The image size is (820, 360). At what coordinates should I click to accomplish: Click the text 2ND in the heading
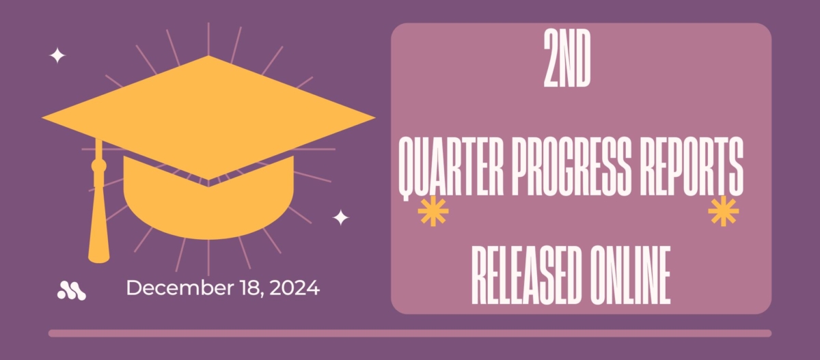tap(566, 59)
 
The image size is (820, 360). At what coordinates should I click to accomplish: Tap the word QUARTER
tap(450, 168)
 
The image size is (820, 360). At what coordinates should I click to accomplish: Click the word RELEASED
tap(526, 275)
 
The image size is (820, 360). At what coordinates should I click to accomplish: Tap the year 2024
tap(295, 288)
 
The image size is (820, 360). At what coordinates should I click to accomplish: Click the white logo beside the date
tap(72, 290)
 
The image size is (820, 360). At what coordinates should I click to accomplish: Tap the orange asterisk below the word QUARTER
tap(433, 212)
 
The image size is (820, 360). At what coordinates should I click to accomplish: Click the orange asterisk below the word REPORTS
tap(724, 212)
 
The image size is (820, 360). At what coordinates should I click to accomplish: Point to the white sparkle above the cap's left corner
tap(57, 55)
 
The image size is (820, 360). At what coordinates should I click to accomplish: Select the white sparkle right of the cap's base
tap(341, 218)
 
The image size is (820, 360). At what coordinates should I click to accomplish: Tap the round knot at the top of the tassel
tap(99, 166)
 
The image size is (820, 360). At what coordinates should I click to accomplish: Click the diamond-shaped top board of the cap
tap(208, 117)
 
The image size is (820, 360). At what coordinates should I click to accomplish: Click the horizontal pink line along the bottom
tap(410, 333)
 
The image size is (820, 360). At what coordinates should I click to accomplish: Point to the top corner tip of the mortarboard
tap(208, 55)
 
